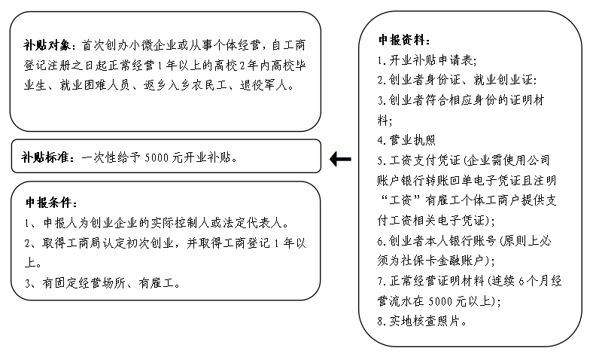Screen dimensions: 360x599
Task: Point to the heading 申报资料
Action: (x=405, y=39)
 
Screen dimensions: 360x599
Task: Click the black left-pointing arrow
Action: (x=340, y=159)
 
